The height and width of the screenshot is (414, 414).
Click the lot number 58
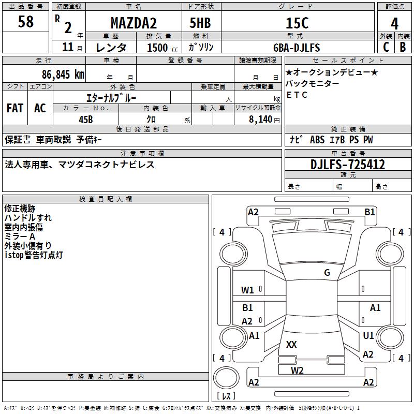pyautogui.click(x=25, y=22)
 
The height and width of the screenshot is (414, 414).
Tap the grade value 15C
pyautogui.click(x=297, y=23)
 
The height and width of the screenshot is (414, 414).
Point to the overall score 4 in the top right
pyautogui.click(x=394, y=23)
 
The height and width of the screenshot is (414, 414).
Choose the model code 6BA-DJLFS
pyautogui.click(x=297, y=48)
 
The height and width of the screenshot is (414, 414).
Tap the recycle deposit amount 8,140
pyautogui.click(x=257, y=120)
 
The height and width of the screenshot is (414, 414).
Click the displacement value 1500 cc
pyautogui.click(x=157, y=48)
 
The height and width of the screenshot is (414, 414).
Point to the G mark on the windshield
pyautogui.click(x=327, y=273)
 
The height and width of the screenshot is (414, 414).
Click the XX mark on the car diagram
pyautogui.click(x=291, y=344)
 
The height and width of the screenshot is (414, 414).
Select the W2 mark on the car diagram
pyautogui.click(x=297, y=370)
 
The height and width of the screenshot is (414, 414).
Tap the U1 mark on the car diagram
pyautogui.click(x=368, y=336)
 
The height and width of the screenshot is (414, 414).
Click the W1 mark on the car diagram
pyautogui.click(x=248, y=290)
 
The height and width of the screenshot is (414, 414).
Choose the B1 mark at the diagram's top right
pyautogui.click(x=369, y=212)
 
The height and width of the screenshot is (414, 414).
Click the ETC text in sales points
pyautogui.click(x=297, y=95)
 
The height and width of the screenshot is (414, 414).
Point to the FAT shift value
pyautogui.click(x=15, y=108)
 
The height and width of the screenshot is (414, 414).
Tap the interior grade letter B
pyautogui.click(x=403, y=47)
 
